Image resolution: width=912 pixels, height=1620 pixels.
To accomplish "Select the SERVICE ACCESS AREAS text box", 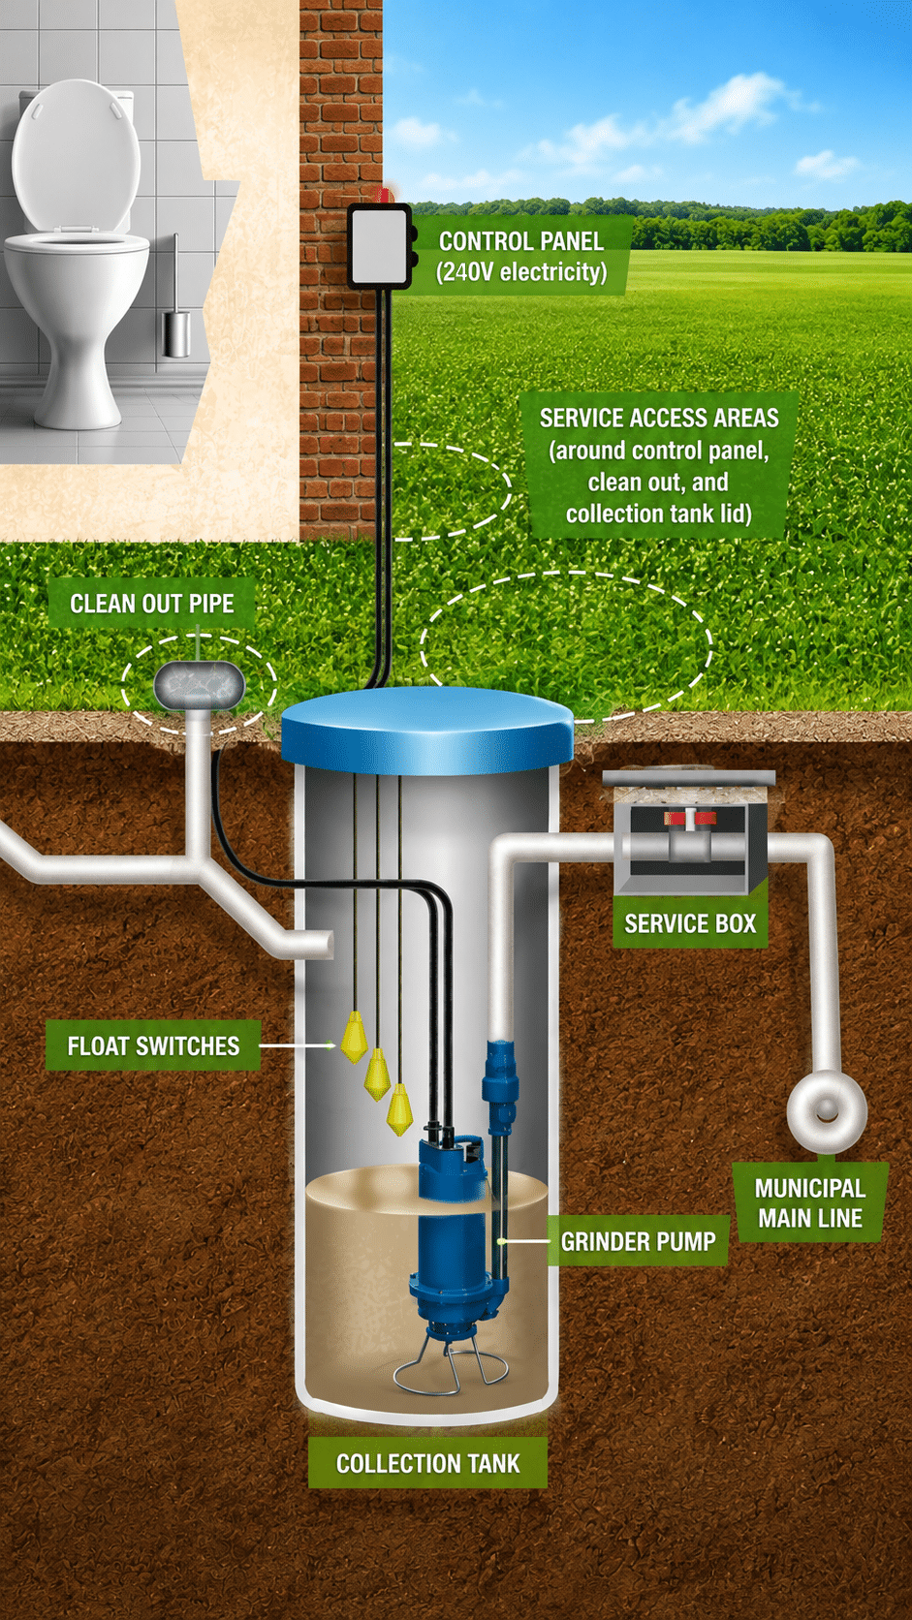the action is [659, 465].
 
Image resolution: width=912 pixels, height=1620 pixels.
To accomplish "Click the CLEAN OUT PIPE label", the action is [152, 604].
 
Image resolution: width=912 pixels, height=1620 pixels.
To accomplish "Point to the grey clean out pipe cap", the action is [200, 685].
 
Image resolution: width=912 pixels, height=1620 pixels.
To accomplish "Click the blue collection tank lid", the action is [426, 730].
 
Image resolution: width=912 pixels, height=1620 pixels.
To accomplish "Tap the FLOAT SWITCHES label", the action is [153, 1045].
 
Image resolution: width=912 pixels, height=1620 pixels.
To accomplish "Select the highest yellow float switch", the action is [354, 1037].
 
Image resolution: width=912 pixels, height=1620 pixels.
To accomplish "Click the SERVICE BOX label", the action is [690, 923].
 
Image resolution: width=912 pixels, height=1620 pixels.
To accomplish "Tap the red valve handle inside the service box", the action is [690, 818].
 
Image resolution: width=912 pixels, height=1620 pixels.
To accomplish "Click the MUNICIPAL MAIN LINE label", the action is [810, 1202].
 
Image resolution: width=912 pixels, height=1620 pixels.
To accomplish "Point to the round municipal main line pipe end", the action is [827, 1111].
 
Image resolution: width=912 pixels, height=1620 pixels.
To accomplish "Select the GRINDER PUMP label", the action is [638, 1241].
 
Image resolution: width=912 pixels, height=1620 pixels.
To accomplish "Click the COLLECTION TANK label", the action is [427, 1463].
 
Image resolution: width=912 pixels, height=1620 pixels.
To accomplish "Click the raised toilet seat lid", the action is [76, 155].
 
